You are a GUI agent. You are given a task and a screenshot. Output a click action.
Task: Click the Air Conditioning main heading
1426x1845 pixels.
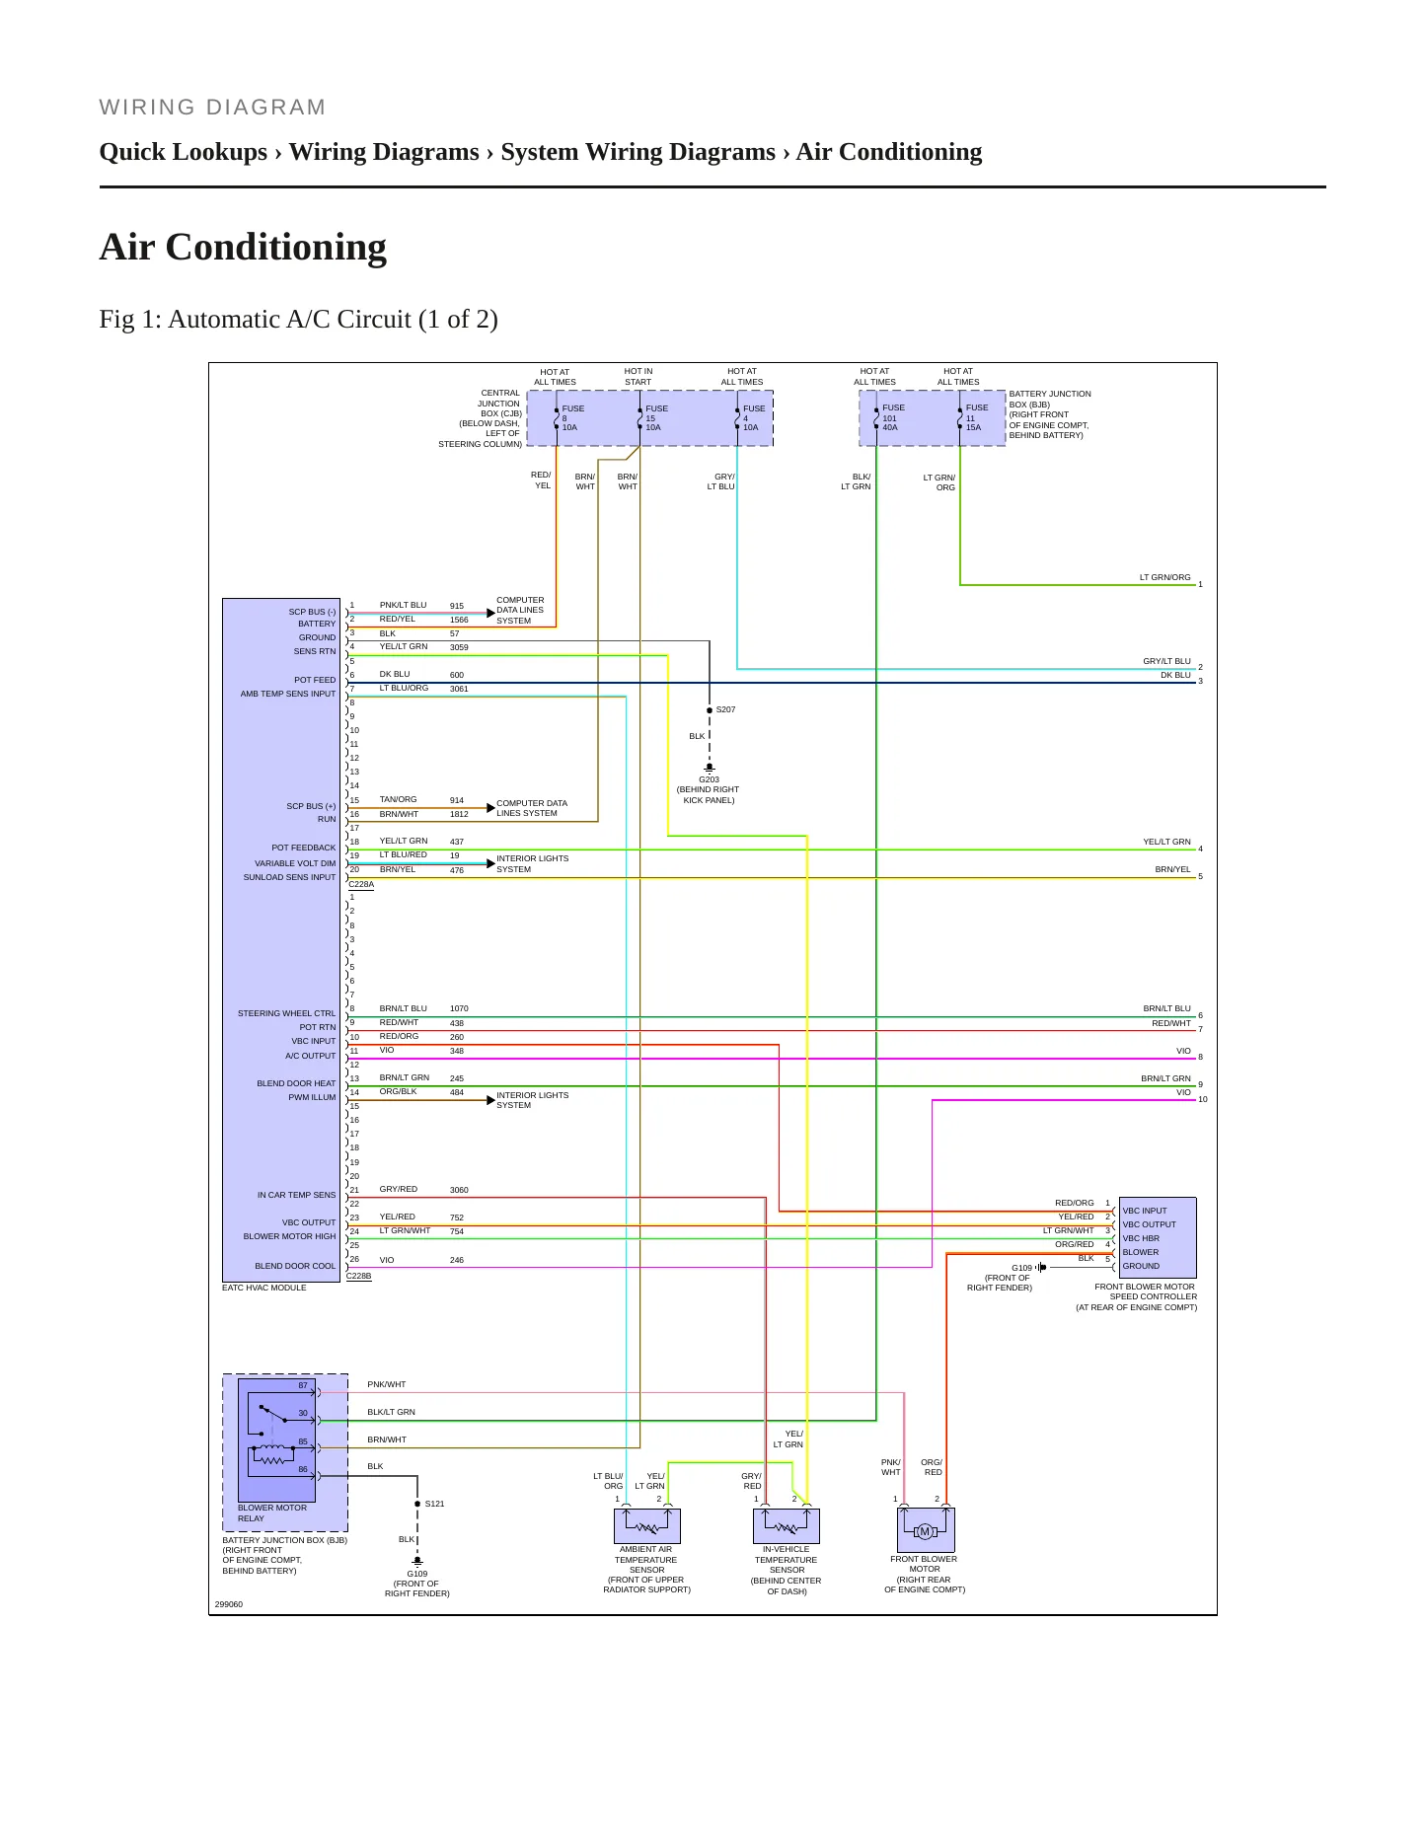[x=243, y=247]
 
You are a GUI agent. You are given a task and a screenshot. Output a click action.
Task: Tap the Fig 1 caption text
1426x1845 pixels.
[x=298, y=320]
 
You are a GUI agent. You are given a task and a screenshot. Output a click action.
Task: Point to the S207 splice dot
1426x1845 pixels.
[x=710, y=710]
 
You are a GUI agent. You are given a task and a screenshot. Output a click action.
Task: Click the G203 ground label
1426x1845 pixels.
[x=709, y=779]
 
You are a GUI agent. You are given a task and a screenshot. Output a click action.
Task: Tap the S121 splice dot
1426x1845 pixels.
[x=417, y=1504]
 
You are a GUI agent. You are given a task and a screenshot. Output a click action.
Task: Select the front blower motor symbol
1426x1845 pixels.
[x=926, y=1530]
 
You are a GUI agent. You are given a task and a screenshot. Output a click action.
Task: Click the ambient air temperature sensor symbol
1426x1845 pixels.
[x=647, y=1525]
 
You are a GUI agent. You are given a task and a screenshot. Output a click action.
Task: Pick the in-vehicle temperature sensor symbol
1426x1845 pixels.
[x=787, y=1525]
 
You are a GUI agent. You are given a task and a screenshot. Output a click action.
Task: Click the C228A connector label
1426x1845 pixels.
[x=361, y=885]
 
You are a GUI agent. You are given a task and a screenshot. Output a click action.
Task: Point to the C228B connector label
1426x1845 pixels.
[x=359, y=1277]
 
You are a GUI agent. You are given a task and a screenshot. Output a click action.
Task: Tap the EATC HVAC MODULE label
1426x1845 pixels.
[x=264, y=1288]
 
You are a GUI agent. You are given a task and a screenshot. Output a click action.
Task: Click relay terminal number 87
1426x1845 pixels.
[x=304, y=1385]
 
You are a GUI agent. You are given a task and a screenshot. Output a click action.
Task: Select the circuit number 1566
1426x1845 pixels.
[x=459, y=621]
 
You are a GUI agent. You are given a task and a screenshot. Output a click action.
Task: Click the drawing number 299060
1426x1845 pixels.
[x=229, y=1604]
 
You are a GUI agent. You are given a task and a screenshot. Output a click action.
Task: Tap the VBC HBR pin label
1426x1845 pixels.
[x=1141, y=1238]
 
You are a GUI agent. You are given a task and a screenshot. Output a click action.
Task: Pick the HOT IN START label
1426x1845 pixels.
[x=638, y=377]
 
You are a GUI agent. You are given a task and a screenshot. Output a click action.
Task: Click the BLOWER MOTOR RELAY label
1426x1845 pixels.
[x=272, y=1513]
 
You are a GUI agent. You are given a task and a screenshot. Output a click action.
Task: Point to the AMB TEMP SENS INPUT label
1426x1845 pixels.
[x=288, y=694]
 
